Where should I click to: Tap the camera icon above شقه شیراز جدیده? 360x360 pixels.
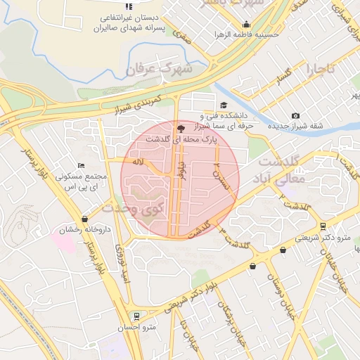295,116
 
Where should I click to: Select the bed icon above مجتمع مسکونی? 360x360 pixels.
81,165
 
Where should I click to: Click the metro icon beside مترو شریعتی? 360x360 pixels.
323,227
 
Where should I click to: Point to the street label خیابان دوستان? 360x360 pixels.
275,292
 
